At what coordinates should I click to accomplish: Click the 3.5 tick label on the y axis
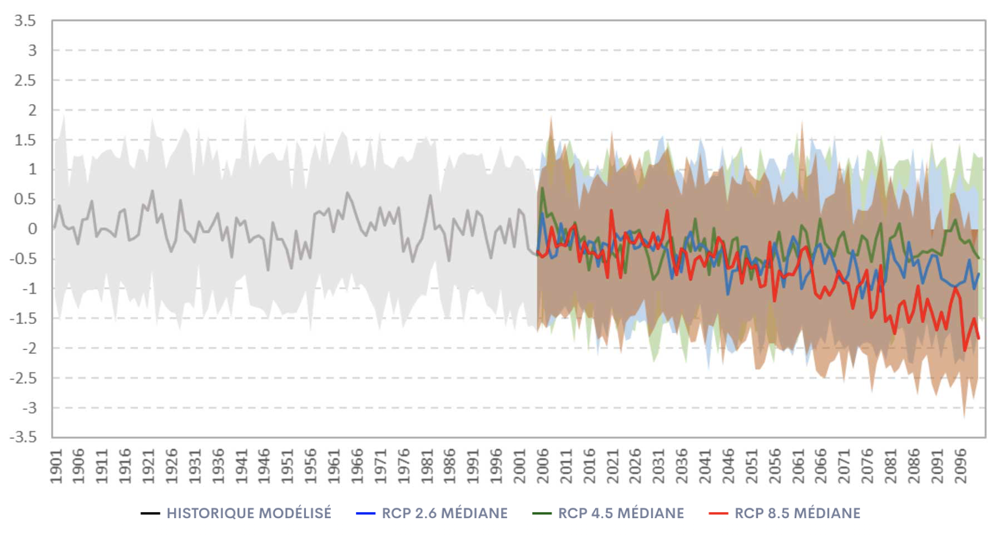pyautogui.click(x=25, y=21)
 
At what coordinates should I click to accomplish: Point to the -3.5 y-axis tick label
pyautogui.click(x=23, y=437)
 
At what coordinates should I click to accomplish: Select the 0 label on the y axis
pyautogui.click(x=32, y=229)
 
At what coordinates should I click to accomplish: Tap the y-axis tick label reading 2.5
pyautogui.click(x=25, y=81)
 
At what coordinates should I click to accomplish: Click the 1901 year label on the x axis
pyautogui.click(x=56, y=466)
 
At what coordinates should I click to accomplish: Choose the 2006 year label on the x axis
pyautogui.click(x=543, y=466)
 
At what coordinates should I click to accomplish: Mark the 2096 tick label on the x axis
pyautogui.click(x=960, y=466)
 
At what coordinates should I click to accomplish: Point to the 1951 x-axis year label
pyautogui.click(x=288, y=466)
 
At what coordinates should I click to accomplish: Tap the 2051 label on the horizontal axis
pyautogui.click(x=752, y=466)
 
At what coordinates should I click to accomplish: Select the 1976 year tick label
pyautogui.click(x=404, y=466)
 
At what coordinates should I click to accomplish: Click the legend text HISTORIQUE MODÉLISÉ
pyautogui.click(x=249, y=513)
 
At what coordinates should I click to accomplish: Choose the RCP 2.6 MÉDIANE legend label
pyautogui.click(x=444, y=513)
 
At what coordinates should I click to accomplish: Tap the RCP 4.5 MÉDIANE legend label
pyautogui.click(x=621, y=513)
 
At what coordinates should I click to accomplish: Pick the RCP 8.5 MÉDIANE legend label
pyautogui.click(x=797, y=513)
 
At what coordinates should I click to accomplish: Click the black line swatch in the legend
pyautogui.click(x=150, y=513)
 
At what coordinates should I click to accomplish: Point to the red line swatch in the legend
pyautogui.click(x=718, y=513)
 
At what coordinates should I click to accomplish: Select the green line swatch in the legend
pyautogui.click(x=542, y=513)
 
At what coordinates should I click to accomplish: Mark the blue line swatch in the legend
pyautogui.click(x=365, y=513)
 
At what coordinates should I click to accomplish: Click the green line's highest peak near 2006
pyautogui.click(x=542, y=188)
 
